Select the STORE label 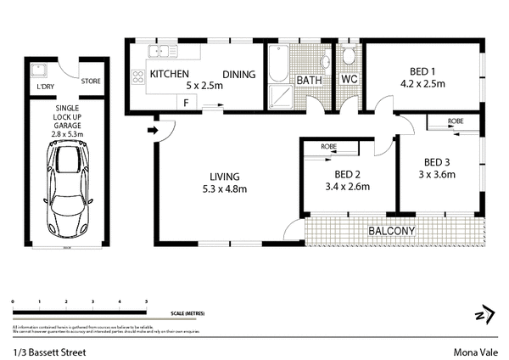click(x=91, y=82)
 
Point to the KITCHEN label click(x=169, y=75)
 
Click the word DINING click(x=239, y=75)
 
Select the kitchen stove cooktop click(x=137, y=78)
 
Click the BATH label click(x=307, y=81)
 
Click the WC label click(x=349, y=80)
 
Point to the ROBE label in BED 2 click(x=329, y=146)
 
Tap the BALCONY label click(x=390, y=231)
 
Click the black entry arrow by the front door click(x=151, y=131)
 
